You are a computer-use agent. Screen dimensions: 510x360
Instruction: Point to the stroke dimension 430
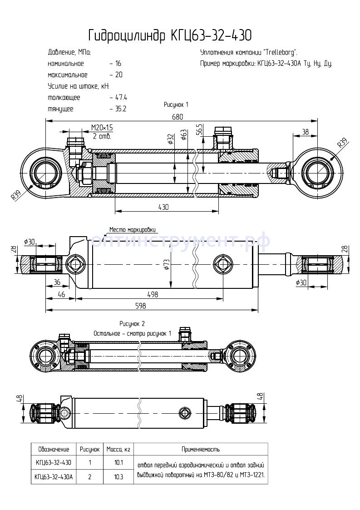coord(163,207)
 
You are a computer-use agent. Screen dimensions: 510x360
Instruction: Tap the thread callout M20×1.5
coord(102,129)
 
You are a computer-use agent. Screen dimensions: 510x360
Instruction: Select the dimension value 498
coord(153,294)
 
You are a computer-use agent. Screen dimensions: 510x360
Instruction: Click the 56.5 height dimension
coord(198,130)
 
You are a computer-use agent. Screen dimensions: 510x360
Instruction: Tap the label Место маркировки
coord(132,229)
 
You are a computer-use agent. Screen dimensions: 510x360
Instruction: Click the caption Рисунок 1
coord(176,105)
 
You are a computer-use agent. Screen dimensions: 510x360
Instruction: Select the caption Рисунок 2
coord(132,324)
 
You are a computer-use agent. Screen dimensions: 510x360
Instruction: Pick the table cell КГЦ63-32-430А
coord(54,477)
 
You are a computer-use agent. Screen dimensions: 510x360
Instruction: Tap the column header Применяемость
coord(200,450)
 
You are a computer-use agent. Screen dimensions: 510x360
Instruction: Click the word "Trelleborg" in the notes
coord(280,52)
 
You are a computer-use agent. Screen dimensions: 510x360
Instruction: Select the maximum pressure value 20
coord(119,75)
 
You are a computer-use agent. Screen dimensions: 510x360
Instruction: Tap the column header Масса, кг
coord(118,450)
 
